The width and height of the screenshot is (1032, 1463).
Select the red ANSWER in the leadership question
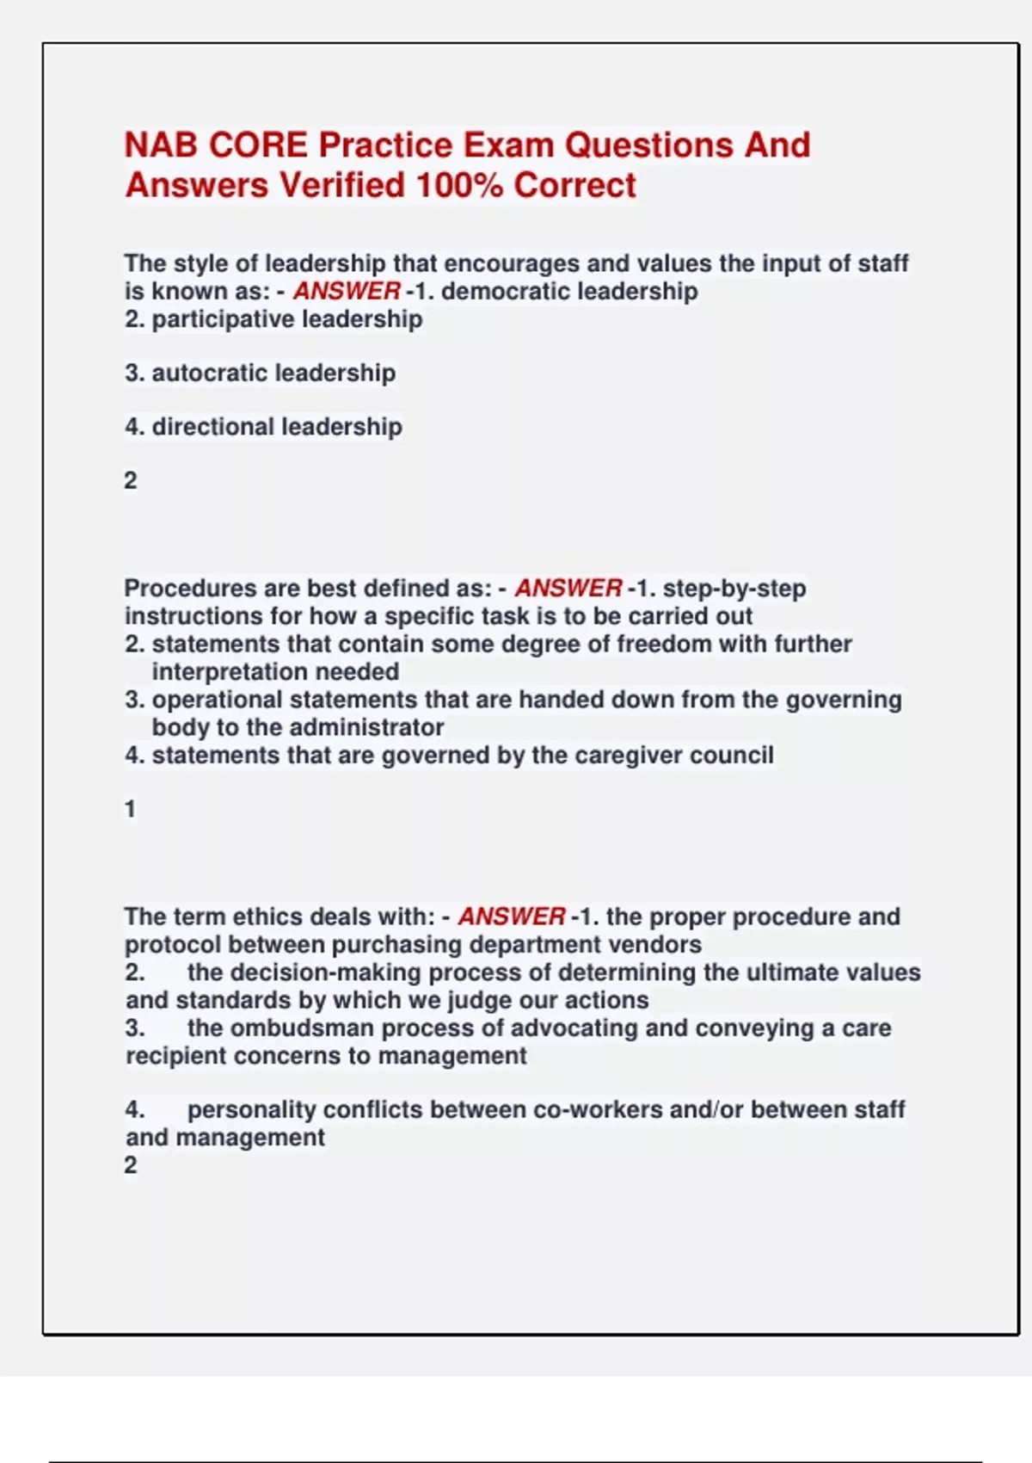pos(347,292)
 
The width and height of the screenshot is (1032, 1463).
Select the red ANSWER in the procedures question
pos(568,589)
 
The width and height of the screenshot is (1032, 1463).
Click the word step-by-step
pos(734,589)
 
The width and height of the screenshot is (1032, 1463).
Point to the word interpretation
pos(231,672)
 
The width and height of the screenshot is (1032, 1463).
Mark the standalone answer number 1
pos(131,810)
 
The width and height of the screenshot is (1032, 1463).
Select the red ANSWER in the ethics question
pos(512,917)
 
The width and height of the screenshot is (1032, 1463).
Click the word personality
pos(251,1110)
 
